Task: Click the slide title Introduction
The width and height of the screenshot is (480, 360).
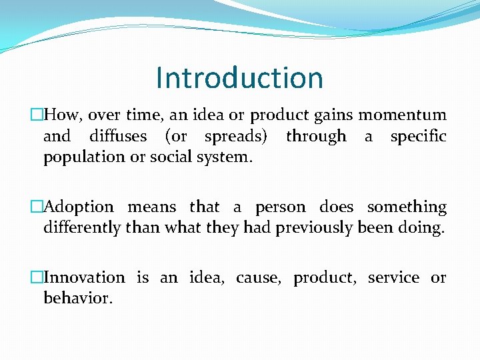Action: click(239, 78)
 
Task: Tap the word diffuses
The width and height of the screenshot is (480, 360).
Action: click(118, 136)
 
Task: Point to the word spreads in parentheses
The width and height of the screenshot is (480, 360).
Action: click(236, 136)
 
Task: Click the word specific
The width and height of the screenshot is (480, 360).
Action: click(418, 136)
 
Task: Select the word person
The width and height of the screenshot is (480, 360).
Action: click(278, 207)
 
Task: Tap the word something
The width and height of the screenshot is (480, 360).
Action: click(407, 207)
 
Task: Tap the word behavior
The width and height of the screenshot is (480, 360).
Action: click(78, 298)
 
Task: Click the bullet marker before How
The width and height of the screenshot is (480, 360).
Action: click(38, 115)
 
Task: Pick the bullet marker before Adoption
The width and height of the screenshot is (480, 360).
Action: click(38, 207)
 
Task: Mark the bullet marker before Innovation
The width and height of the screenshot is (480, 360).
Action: click(38, 277)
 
